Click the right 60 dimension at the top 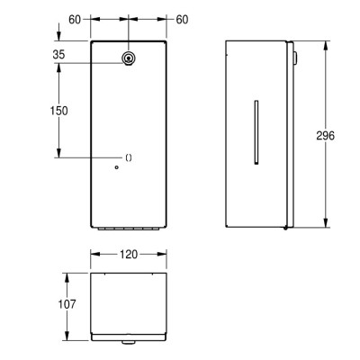[183, 19]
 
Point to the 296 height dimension [326, 135]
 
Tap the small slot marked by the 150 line [129, 157]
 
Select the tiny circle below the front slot [115, 167]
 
